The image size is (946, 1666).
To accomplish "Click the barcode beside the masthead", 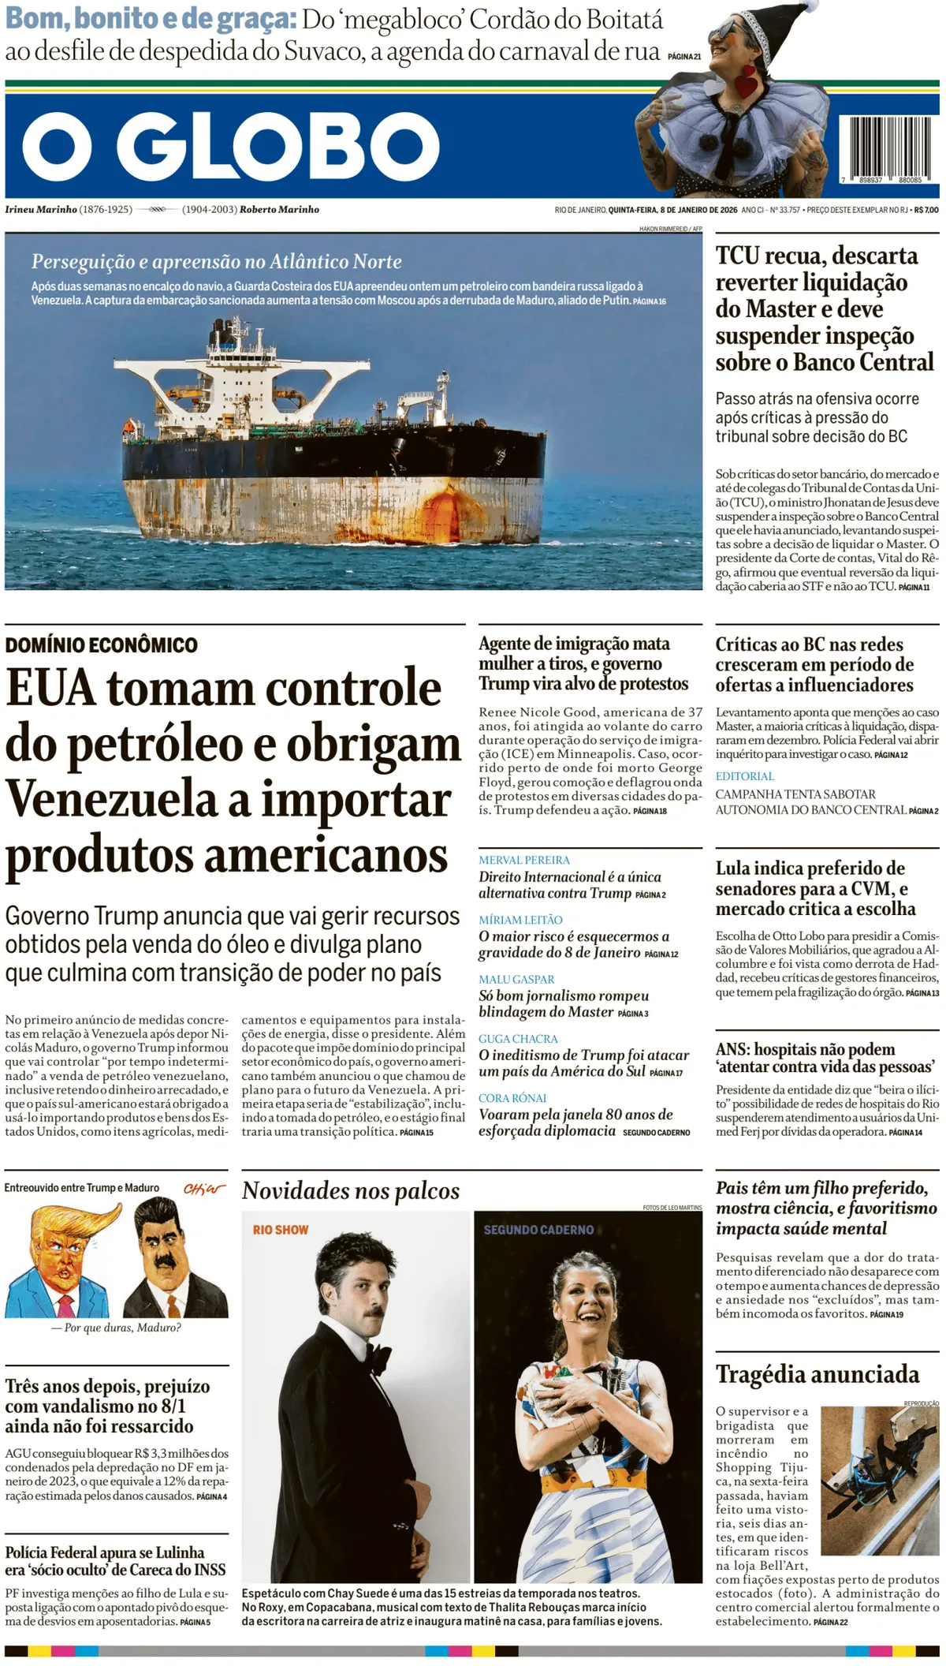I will coord(888,148).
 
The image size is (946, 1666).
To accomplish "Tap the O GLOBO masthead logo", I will coord(230,146).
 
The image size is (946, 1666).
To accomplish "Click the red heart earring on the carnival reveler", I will coord(747,80).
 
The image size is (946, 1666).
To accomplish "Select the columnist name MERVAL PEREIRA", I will coord(523,860).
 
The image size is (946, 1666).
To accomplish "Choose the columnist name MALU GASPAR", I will coord(516,979).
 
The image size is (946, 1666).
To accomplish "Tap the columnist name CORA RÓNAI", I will coord(512,1098).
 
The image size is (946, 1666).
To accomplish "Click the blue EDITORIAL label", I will coord(745,776).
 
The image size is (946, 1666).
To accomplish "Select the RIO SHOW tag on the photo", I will coord(281,1230).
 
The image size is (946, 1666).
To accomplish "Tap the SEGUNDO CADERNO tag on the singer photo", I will coord(538,1230).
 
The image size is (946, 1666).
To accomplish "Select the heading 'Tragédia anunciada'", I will coord(817,1375).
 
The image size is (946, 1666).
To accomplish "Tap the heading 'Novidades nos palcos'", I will coord(350,1190).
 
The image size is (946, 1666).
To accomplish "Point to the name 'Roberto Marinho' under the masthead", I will coord(279,210).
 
